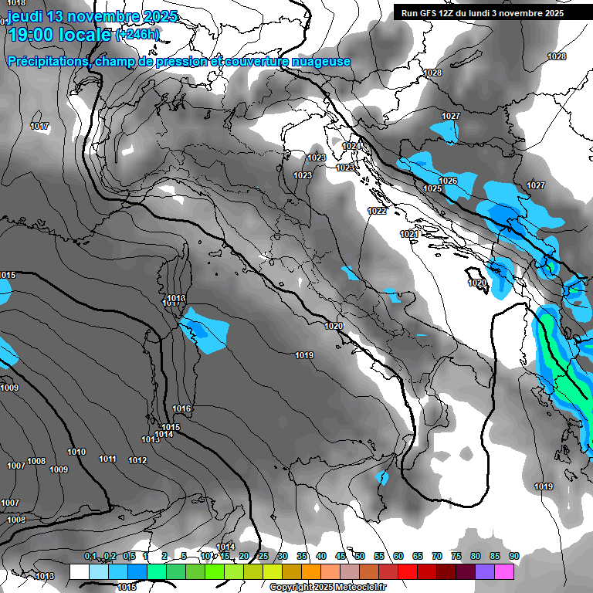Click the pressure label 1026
449,181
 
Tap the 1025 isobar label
432,189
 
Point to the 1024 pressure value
351,146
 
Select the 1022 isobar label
377,211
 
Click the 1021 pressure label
409,234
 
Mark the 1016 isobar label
181,408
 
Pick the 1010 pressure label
76,452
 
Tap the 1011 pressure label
107,459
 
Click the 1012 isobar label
137,461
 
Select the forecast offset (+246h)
137,34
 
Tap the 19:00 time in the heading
32,34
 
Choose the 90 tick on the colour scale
513,556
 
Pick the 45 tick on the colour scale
341,556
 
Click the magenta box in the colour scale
504,571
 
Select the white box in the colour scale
79,571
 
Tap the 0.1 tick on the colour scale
90,556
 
